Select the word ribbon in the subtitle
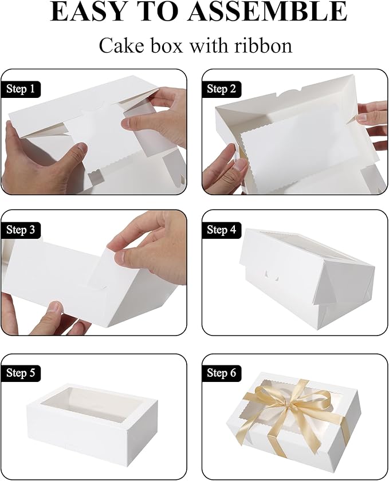click(x=264, y=45)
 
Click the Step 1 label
click(x=22, y=89)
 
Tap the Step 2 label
click(x=221, y=89)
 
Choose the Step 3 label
click(x=22, y=230)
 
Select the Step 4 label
click(x=221, y=230)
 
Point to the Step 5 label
click(x=22, y=373)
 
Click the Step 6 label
click(x=221, y=373)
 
